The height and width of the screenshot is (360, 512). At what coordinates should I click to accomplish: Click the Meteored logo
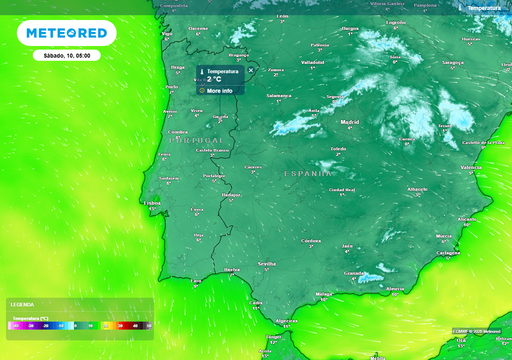[x=66, y=33]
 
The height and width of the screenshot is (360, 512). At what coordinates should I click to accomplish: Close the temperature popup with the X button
[x=250, y=71]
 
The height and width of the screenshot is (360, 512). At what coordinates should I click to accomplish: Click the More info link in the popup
[x=219, y=90]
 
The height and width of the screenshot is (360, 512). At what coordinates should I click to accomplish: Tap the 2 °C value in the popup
[x=215, y=79]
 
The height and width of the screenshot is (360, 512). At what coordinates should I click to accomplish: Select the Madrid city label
[x=349, y=121]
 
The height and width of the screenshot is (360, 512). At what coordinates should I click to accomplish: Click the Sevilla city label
[x=267, y=263]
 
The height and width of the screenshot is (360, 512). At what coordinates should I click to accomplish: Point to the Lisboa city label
[x=153, y=202]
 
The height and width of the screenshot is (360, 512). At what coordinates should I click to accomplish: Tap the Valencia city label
[x=471, y=167]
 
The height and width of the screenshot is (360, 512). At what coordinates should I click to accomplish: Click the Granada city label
[x=351, y=271]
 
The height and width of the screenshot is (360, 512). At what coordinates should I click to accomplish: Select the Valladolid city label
[x=312, y=61]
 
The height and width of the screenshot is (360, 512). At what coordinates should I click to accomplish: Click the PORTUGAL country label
[x=196, y=141]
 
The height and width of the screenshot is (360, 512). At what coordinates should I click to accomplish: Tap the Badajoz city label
[x=232, y=195]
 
